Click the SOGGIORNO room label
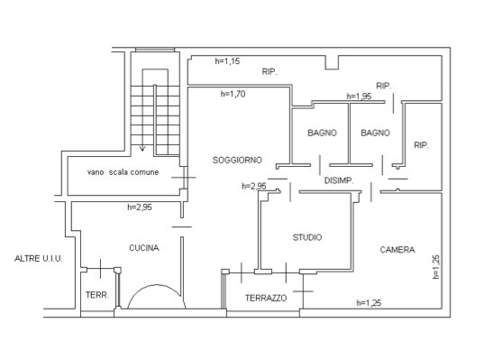click(x=237, y=160)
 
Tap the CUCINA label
click(x=144, y=248)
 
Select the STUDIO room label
click(x=307, y=237)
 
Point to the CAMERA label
click(x=398, y=250)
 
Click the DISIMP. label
click(x=339, y=180)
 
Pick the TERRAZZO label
click(x=266, y=298)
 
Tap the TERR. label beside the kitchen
click(x=97, y=295)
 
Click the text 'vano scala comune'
click(x=123, y=172)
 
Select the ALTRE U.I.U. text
click(x=39, y=259)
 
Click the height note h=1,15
click(x=227, y=61)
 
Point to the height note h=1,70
click(x=233, y=94)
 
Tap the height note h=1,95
click(x=359, y=97)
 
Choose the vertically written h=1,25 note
click(x=435, y=267)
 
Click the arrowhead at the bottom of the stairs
click(x=142, y=148)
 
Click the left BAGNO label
click(x=322, y=133)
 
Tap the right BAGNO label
click(x=375, y=133)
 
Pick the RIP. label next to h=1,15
click(x=270, y=72)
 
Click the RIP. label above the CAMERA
click(x=421, y=145)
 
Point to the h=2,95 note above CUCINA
click(x=140, y=208)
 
